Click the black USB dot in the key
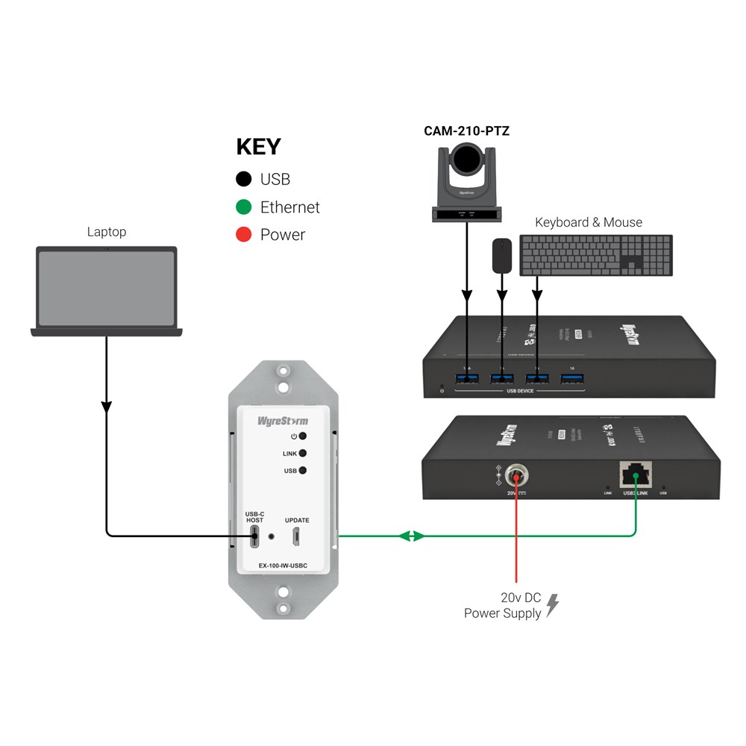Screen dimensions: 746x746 coord(242,179)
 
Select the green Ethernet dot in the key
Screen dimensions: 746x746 coord(242,207)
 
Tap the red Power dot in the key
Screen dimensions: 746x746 coord(242,235)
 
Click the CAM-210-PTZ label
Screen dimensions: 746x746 coord(466,131)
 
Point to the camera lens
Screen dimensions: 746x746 coord(467,157)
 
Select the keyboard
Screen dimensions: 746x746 coord(596,255)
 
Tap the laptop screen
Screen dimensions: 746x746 coord(107,287)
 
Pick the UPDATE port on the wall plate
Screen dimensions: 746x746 coord(296,535)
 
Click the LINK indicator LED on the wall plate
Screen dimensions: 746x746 coord(302,454)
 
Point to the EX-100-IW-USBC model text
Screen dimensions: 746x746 coord(282,565)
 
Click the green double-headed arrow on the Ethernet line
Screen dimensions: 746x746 coord(412,536)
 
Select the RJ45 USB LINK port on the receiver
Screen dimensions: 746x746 coord(635,472)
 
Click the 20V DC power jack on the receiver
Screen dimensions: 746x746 coord(515,474)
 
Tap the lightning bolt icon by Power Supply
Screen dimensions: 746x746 coord(552,605)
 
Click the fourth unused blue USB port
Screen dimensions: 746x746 coord(572,379)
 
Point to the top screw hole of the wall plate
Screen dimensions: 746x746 coord(283,371)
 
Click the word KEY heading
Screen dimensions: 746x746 coord(258,147)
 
